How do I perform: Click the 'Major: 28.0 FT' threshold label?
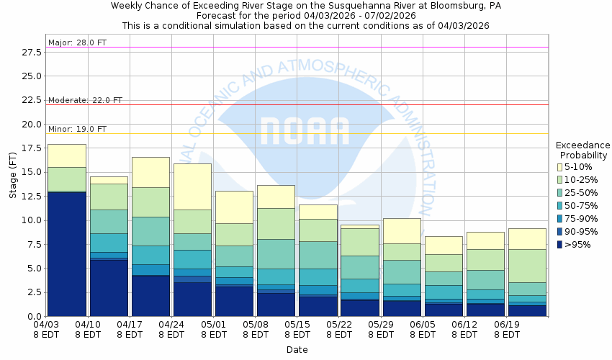(77, 42)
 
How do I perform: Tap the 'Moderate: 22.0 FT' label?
(85, 100)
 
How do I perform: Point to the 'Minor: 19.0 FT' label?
(77, 129)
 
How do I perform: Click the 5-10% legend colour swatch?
(559, 167)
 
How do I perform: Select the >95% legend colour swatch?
(559, 245)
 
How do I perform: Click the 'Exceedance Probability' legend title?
(582, 150)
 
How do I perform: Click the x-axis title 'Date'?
(297, 350)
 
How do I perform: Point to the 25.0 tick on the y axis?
(31, 76)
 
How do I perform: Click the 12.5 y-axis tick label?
(31, 196)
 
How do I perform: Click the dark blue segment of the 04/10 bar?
(109, 287)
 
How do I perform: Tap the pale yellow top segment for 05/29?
(402, 230)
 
